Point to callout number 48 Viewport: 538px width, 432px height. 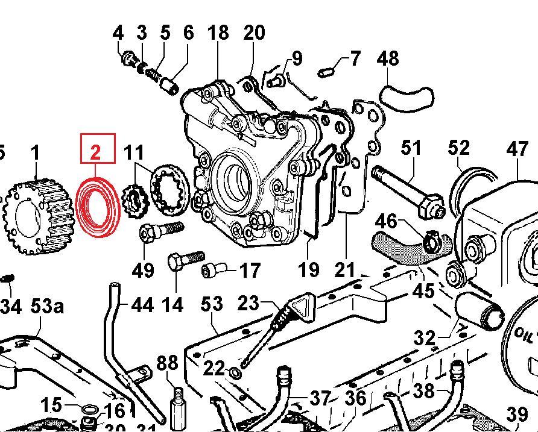point(388,59)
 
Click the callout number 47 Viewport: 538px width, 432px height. point(517,148)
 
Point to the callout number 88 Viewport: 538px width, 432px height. point(167,363)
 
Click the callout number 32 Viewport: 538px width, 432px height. point(425,337)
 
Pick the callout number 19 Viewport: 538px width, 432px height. point(309,269)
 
